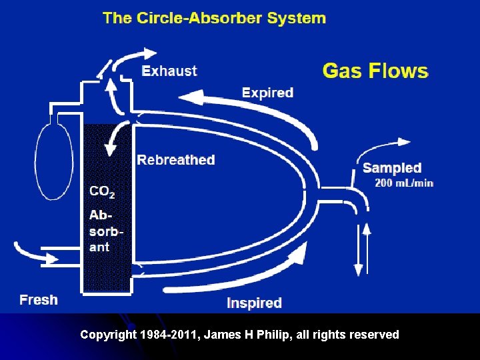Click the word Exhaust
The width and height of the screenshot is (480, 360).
pos(169,71)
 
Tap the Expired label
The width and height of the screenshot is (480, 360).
pos(267,93)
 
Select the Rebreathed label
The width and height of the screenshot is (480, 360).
pos(176,160)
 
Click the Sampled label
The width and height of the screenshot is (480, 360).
pos(392,168)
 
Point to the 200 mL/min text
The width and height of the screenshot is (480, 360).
pos(404,183)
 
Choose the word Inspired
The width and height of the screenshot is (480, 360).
pos(254,303)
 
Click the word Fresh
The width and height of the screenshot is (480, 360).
pos(39,299)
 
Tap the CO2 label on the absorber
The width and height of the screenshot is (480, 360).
pos(102,192)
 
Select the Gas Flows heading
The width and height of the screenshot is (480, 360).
pos(375,71)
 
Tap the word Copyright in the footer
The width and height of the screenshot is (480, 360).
pos(109,335)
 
